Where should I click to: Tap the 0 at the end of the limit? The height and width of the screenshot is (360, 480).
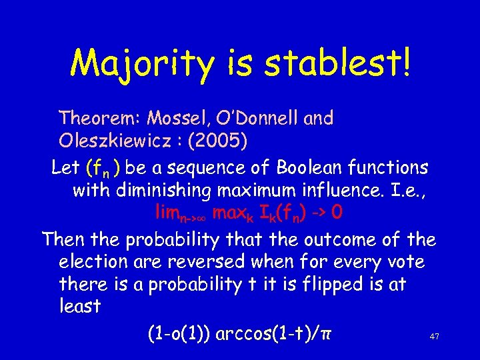(x=338, y=213)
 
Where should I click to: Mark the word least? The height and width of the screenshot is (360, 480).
(x=79, y=307)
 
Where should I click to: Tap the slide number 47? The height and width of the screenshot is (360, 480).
(x=434, y=337)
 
